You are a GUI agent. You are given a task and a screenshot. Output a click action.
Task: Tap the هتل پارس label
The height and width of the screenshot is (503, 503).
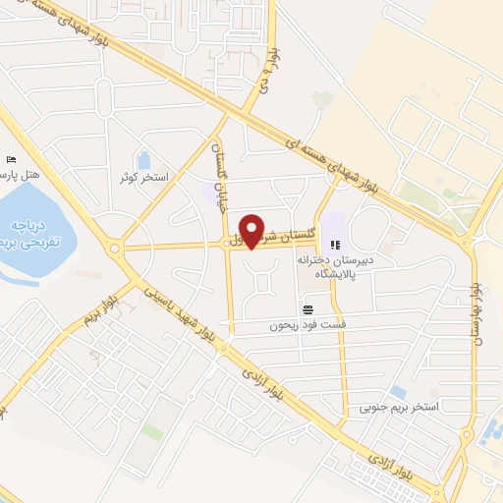pyautogui.click(x=21, y=174)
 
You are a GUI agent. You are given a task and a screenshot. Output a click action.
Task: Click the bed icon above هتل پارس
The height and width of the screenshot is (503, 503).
pyautogui.click(x=11, y=158)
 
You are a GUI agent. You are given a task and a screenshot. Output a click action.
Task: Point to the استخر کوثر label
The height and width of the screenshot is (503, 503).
pyautogui.click(x=143, y=178)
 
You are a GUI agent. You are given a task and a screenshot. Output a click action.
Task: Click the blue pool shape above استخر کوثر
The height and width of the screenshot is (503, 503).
pyautogui.click(x=143, y=158)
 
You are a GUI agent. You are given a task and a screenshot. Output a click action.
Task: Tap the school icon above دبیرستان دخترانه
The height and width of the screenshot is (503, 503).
pyautogui.click(x=335, y=245)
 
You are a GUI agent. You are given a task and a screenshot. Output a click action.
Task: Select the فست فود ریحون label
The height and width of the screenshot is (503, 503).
pyautogui.click(x=309, y=324)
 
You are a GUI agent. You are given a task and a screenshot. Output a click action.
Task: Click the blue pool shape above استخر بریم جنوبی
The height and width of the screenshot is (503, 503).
pyautogui.click(x=398, y=390)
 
